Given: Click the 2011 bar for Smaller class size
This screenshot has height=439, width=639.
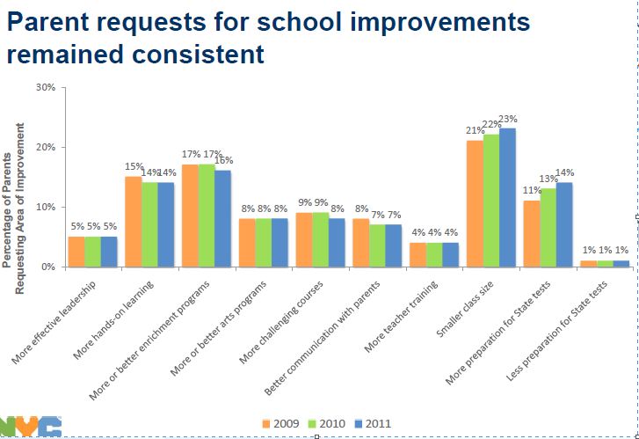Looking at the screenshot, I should pyautogui.click(x=508, y=197).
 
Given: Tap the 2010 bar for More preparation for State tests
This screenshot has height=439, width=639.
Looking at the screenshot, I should pyautogui.click(x=548, y=227).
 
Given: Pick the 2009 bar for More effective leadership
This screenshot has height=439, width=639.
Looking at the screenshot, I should pyautogui.click(x=76, y=252).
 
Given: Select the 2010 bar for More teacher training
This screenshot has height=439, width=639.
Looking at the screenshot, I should pyautogui.click(x=434, y=254).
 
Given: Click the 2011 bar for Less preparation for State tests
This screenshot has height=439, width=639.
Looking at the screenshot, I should pyautogui.click(x=621, y=263).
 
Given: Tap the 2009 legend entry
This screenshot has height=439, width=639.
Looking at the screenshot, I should pyautogui.click(x=280, y=423).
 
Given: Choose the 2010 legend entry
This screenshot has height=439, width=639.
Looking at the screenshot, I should pyautogui.click(x=325, y=423).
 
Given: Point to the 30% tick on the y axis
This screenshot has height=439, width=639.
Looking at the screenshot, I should pyautogui.click(x=46, y=88).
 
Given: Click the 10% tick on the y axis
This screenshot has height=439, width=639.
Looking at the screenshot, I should pyautogui.click(x=46, y=207).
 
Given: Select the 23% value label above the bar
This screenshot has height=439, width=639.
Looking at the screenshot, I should pyautogui.click(x=508, y=120).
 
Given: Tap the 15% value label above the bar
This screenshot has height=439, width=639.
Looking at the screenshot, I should pyautogui.click(x=134, y=166).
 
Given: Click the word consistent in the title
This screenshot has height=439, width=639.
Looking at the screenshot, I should pyautogui.click(x=200, y=54).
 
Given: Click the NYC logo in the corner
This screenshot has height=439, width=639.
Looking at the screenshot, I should pyautogui.click(x=30, y=428).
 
